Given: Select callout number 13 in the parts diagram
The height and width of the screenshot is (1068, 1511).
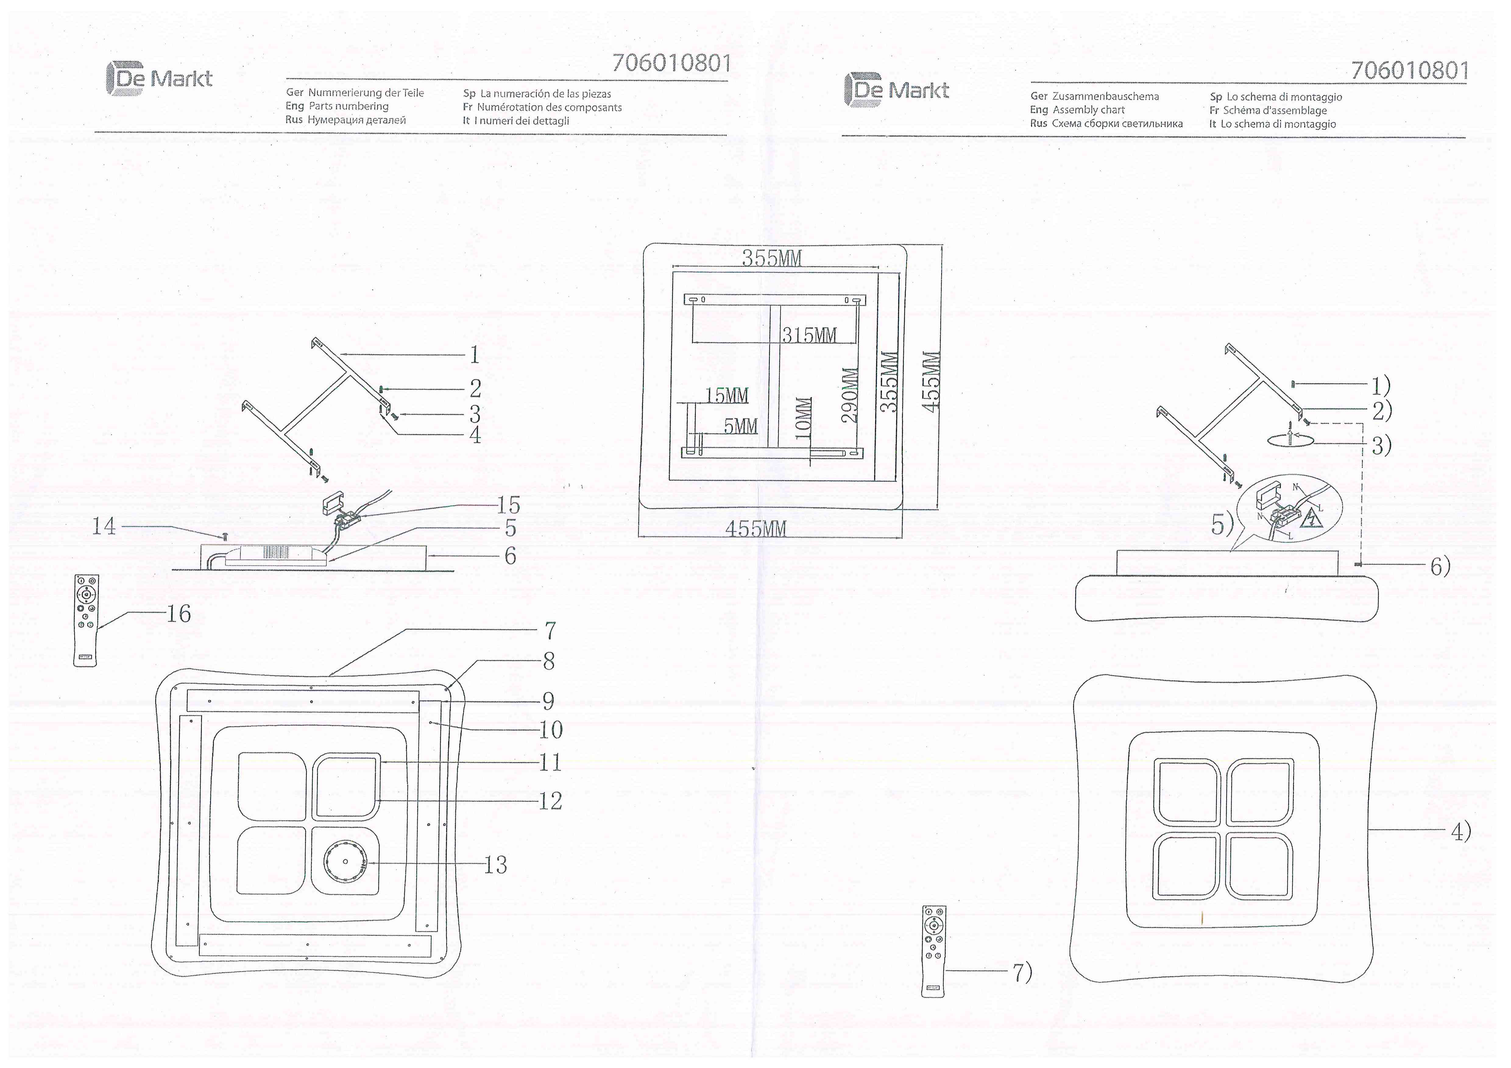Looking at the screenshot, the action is click(496, 865).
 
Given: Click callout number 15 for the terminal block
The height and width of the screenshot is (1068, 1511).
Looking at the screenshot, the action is click(508, 506).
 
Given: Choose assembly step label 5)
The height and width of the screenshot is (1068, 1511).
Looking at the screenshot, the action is click(1222, 525).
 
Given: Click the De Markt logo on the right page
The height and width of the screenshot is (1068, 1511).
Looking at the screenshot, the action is click(896, 90).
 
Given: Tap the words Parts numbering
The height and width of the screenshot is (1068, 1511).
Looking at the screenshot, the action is click(349, 107).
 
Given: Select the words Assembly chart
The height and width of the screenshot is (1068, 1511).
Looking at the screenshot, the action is click(1089, 110).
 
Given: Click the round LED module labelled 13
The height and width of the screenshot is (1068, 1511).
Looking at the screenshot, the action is click(345, 862).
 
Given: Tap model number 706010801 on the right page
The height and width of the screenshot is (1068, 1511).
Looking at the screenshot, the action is click(1410, 70).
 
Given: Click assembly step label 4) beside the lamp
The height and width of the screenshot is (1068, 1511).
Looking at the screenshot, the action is click(1460, 832).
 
